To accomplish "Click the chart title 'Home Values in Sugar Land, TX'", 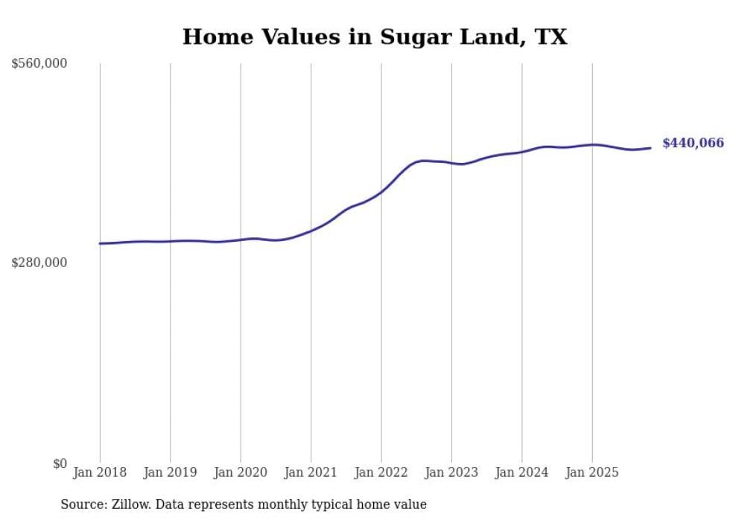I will [x=375, y=37].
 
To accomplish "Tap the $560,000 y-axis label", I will [x=39, y=64].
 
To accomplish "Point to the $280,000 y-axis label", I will [x=39, y=263].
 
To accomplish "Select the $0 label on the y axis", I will [x=60, y=463].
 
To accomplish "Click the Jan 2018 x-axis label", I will [x=100, y=472].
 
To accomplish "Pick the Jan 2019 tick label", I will [x=170, y=472].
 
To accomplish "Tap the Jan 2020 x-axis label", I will [x=240, y=472].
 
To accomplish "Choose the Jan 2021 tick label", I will [x=311, y=472].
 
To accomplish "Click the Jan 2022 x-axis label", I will [x=381, y=472].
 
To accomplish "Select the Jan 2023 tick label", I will [x=451, y=472].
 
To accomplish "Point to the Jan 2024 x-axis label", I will [x=521, y=472].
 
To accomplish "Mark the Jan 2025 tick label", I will [x=591, y=472].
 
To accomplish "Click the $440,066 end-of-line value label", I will [x=693, y=144].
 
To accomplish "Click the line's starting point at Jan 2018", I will [x=100, y=243].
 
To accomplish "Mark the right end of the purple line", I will [x=650, y=148].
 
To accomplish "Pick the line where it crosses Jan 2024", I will [x=521, y=152].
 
